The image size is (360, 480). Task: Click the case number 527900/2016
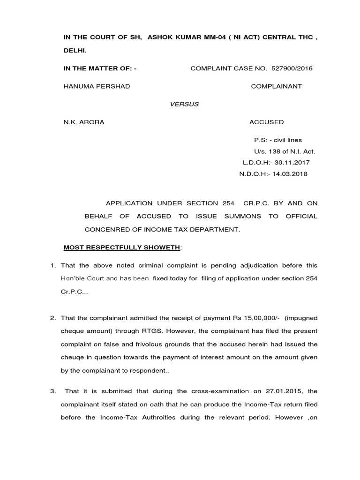[292, 68]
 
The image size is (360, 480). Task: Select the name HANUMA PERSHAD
[97, 86]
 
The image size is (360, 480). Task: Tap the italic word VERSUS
[184, 104]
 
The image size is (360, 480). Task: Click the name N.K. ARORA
[84, 122]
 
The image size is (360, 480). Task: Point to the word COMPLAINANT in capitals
[277, 86]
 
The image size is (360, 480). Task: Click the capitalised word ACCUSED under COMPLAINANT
[266, 122]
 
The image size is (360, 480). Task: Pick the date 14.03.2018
[290, 174]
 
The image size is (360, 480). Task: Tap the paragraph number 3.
[53, 391]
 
